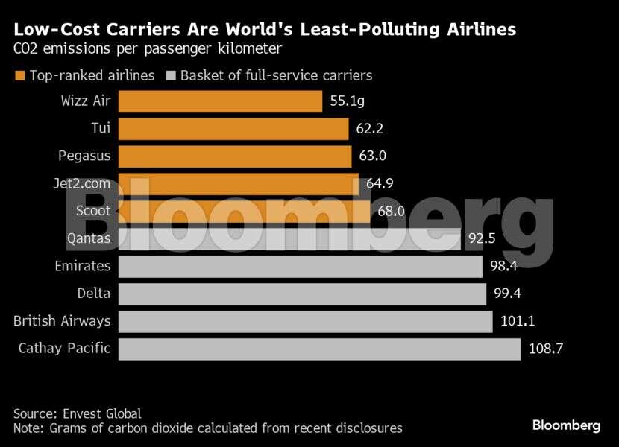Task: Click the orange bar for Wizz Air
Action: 220,101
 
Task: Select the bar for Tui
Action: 233,129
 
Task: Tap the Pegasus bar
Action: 234,156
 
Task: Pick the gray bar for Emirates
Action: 301,266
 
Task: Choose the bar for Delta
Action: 302,294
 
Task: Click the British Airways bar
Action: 305,321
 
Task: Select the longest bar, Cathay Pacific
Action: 319,349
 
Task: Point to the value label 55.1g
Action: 347,101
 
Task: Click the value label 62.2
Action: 369,129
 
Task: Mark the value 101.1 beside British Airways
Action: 517,321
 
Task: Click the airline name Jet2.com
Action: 84,183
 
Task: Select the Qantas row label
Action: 88,238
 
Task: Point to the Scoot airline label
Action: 93,211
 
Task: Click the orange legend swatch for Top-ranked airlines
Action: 19,76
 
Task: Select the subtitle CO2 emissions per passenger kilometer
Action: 147,50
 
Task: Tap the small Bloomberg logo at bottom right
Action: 566,425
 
